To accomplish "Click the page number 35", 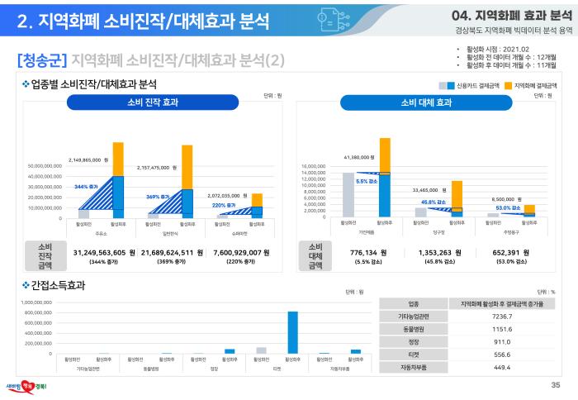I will pyautogui.click(x=555, y=385).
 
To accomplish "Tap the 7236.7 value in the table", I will pyautogui.click(x=502, y=317).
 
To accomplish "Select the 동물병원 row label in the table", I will pyautogui.click(x=410, y=330).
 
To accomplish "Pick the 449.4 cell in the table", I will pyautogui.click(x=502, y=368).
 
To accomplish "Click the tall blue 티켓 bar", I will pyautogui.click(x=292, y=332).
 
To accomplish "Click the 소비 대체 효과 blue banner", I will pyautogui.click(x=426, y=103).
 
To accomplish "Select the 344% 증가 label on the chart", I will pyautogui.click(x=86, y=188).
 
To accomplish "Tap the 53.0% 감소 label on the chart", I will pyautogui.click(x=507, y=207).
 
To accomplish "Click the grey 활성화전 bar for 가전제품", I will pyautogui.click(x=348, y=195).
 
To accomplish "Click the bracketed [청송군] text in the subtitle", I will pyautogui.click(x=42, y=60).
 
